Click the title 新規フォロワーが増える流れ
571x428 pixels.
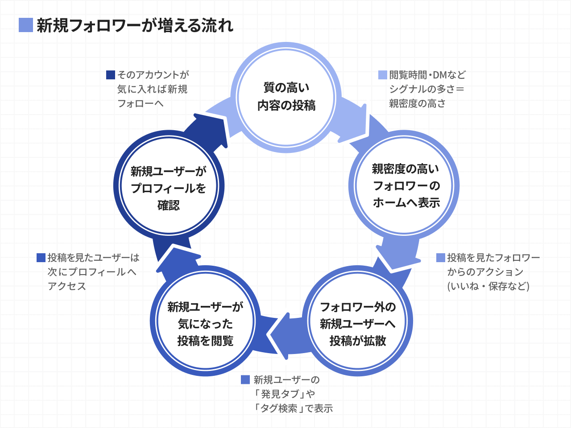(x=135, y=25)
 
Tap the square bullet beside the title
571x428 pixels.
(x=26, y=25)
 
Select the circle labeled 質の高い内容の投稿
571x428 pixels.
(x=286, y=97)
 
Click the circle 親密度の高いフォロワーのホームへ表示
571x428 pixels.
(x=406, y=186)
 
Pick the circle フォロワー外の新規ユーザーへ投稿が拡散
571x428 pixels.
(x=358, y=323)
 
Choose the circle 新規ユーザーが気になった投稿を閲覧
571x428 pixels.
(x=205, y=323)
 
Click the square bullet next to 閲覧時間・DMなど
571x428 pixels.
(x=382, y=75)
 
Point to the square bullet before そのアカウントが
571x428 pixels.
(x=111, y=75)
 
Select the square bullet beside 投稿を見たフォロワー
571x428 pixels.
(x=440, y=258)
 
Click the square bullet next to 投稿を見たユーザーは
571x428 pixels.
(x=41, y=258)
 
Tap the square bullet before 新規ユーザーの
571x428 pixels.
(x=245, y=379)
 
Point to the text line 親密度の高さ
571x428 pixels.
(x=417, y=103)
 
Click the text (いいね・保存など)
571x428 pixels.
(x=488, y=286)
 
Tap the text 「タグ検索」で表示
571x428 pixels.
(x=294, y=408)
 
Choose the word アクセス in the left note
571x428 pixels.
(x=67, y=286)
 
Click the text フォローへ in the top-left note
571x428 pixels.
(x=140, y=103)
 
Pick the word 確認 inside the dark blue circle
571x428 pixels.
(x=169, y=205)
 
